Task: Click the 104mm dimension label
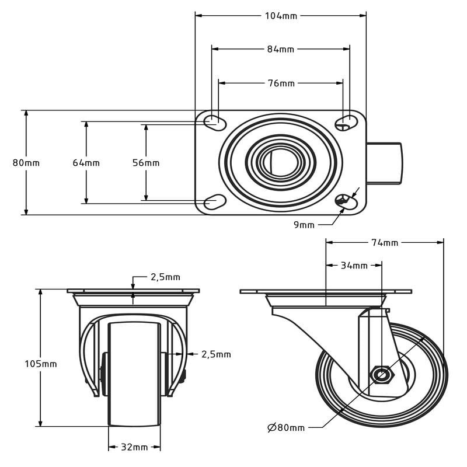[281, 16]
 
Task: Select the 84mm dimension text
[281, 49]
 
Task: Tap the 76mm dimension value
[281, 83]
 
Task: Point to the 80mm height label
[26, 163]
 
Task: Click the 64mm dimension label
[86, 163]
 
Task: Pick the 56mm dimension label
[146, 163]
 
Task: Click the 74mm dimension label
[385, 242]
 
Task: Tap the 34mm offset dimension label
[354, 266]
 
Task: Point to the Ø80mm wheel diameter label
[286, 428]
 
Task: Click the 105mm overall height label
[41, 364]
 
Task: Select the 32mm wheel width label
[134, 447]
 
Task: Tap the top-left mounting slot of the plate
[214, 121]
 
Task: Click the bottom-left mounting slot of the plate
[214, 202]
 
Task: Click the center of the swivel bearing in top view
[280, 162]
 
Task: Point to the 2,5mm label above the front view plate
[165, 277]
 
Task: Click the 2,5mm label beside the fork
[216, 354]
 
